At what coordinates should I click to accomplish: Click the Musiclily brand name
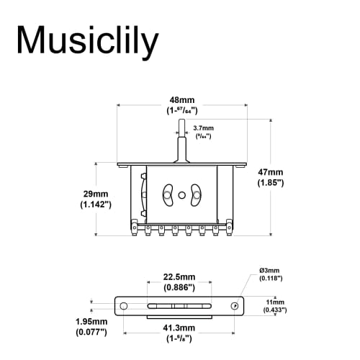point(87,42)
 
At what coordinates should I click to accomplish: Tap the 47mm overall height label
point(271,172)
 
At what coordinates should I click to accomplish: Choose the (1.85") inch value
point(271,184)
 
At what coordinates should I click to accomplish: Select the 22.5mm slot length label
point(179,277)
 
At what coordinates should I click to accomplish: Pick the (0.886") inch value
point(179,288)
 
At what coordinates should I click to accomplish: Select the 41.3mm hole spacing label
point(179,328)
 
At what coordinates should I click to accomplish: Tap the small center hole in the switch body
point(181,194)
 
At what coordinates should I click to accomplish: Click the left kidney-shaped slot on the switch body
point(168,194)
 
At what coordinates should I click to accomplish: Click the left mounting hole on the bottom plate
point(124,306)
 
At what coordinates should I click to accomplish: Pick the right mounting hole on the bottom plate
point(235,306)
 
